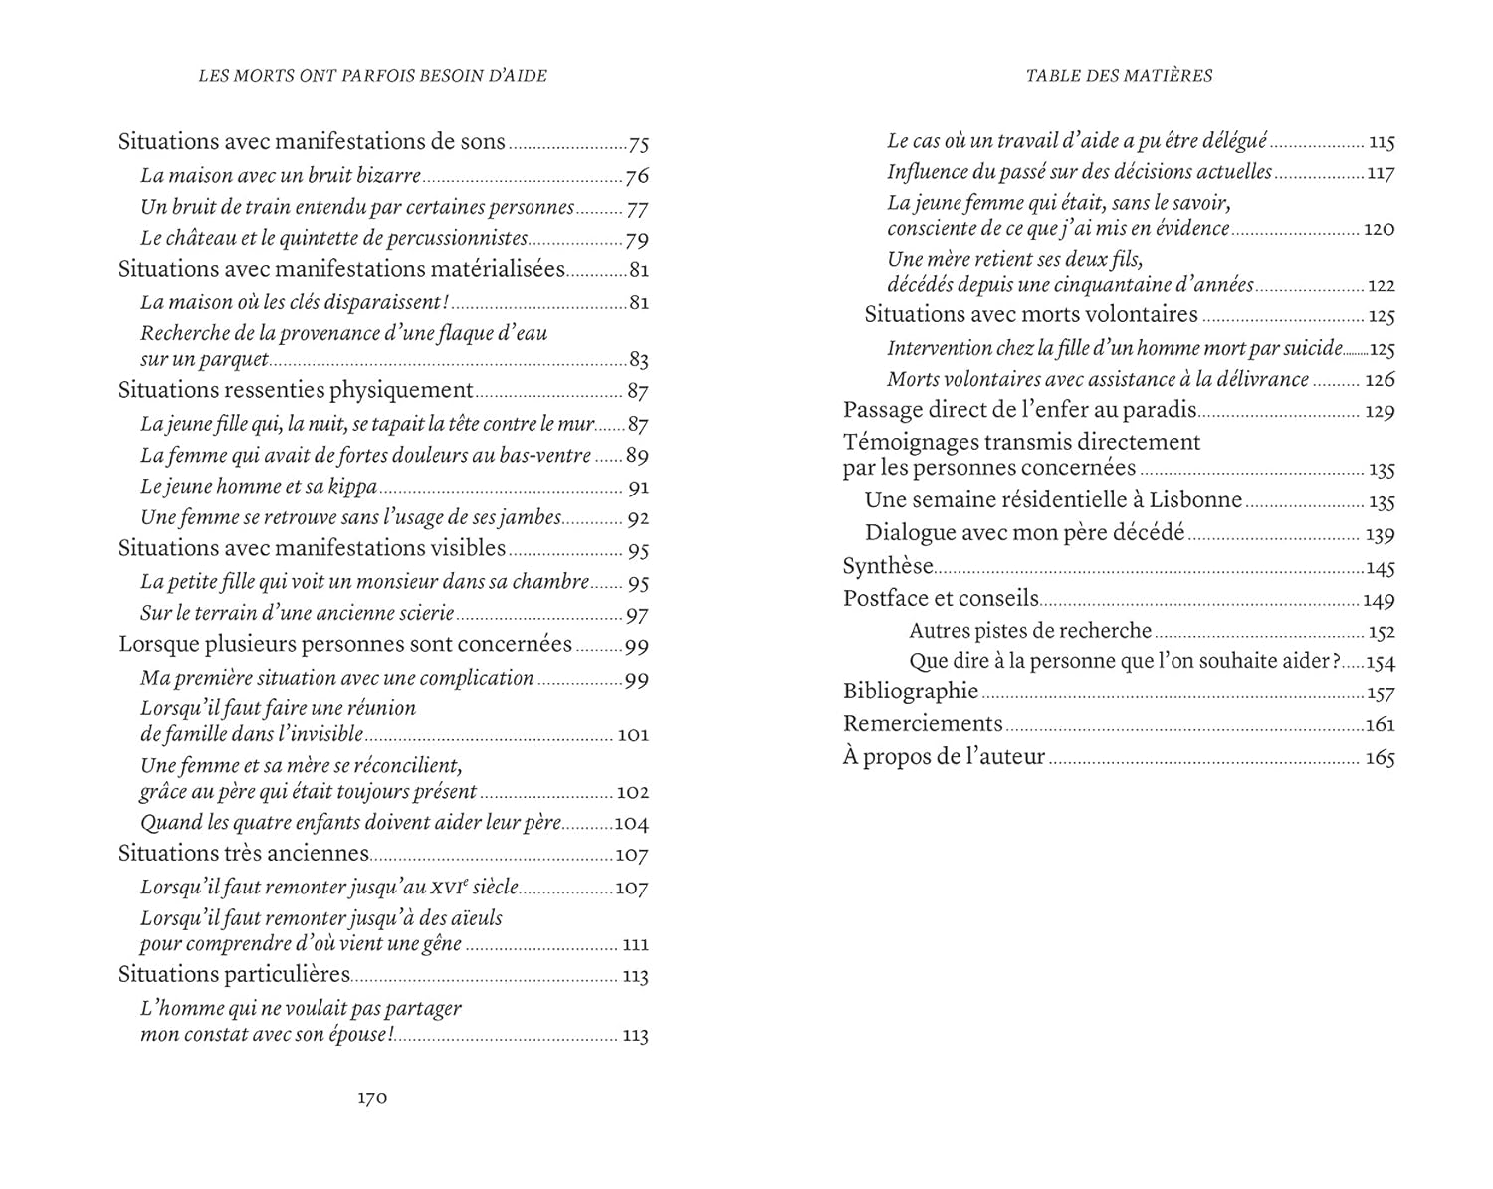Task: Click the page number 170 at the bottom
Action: pyautogui.click(x=372, y=1098)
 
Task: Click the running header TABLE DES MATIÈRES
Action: pyautogui.click(x=1119, y=76)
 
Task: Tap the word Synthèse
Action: pyautogui.click(x=888, y=566)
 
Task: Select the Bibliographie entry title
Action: pyautogui.click(x=911, y=692)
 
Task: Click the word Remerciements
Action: pyautogui.click(x=923, y=724)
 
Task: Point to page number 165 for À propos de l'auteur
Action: pyautogui.click(x=1380, y=758)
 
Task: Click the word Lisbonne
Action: pyautogui.click(x=1194, y=500)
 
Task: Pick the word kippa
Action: pyautogui.click(x=352, y=487)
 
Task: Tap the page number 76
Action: pyautogui.click(x=637, y=177)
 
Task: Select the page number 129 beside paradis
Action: pyautogui.click(x=1380, y=412)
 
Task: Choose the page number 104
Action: pyautogui.click(x=631, y=824)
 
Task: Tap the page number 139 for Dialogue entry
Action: pyautogui.click(x=1380, y=535)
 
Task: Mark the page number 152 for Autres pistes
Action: pyautogui.click(x=1382, y=632)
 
